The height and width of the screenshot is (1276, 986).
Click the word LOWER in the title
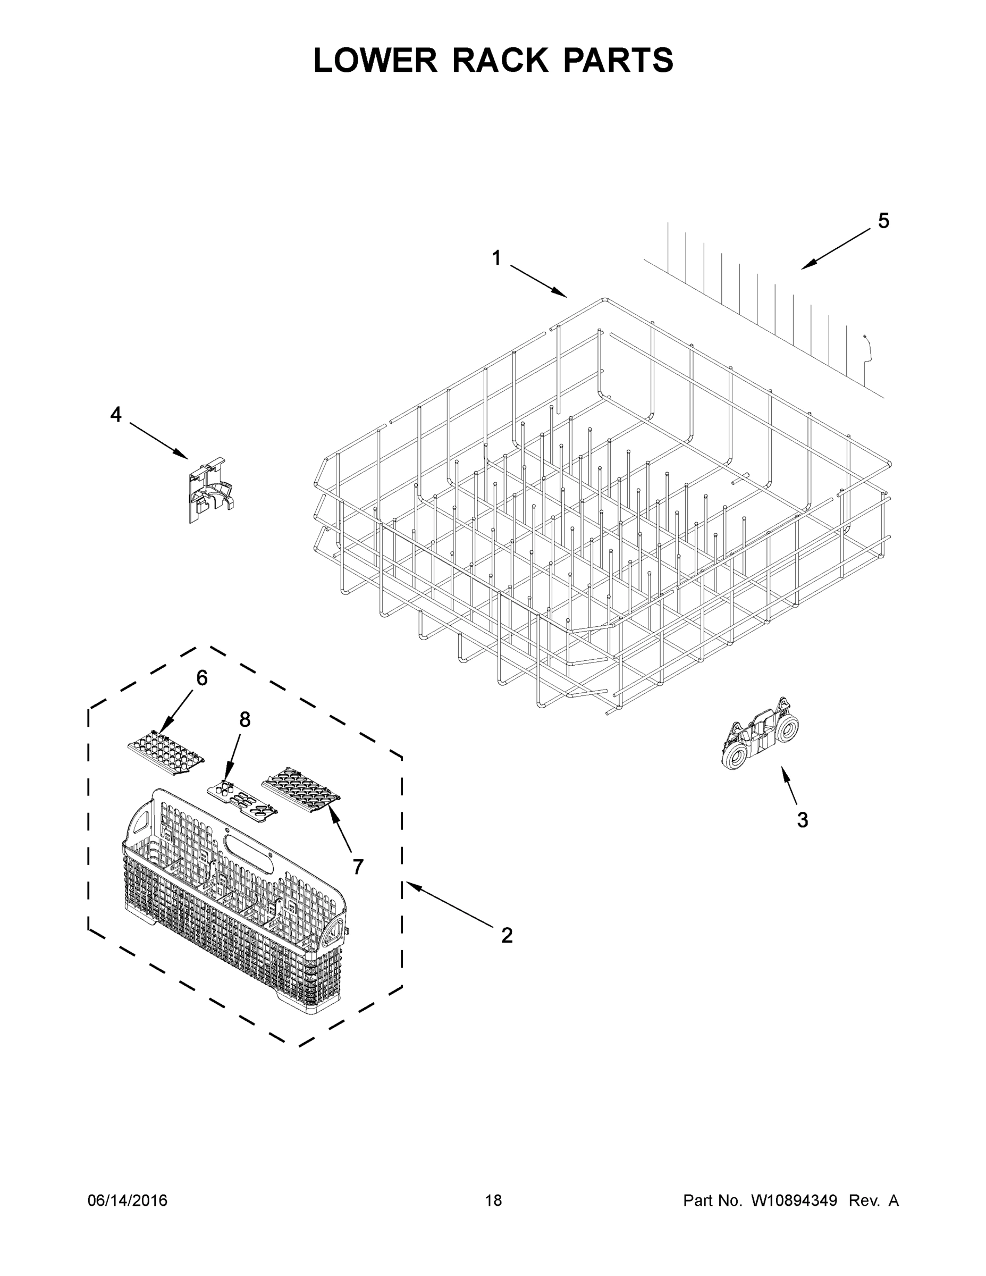(x=375, y=60)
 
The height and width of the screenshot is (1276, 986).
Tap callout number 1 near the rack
(x=496, y=258)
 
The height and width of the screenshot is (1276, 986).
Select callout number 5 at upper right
(x=883, y=221)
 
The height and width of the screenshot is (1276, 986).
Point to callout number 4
(x=116, y=415)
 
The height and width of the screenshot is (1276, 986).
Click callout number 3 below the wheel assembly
(x=803, y=820)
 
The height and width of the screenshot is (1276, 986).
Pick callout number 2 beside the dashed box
(x=507, y=935)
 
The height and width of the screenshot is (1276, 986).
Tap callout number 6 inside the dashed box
(x=201, y=678)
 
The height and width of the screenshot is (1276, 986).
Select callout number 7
(x=358, y=867)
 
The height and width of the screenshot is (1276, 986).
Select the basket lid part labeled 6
(x=165, y=754)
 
